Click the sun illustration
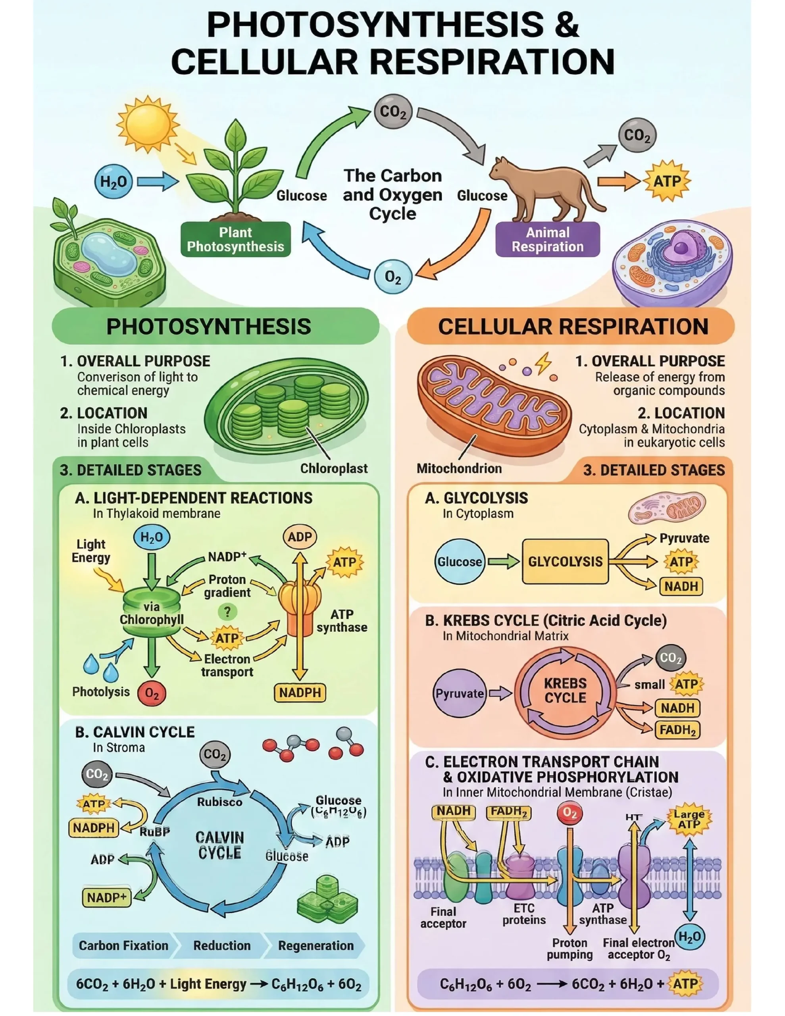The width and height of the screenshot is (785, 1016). coord(148,124)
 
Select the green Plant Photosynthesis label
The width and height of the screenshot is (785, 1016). coord(235,239)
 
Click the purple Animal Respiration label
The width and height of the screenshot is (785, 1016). coord(547,239)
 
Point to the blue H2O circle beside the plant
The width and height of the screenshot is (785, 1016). coord(113,181)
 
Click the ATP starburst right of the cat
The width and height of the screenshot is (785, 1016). coord(667,181)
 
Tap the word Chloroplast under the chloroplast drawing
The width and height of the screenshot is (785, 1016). coord(334,468)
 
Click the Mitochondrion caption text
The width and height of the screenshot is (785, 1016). coord(459,468)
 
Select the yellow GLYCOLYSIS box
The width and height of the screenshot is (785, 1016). coord(565,562)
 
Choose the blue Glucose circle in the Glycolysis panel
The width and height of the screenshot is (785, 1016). coord(459,562)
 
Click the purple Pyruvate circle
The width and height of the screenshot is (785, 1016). coord(459,694)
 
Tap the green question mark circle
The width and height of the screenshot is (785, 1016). coord(227,612)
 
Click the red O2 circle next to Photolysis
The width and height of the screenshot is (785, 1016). coord(152,694)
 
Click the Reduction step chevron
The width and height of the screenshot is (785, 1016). coord(221,945)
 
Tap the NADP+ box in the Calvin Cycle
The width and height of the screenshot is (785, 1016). coord(107,897)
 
